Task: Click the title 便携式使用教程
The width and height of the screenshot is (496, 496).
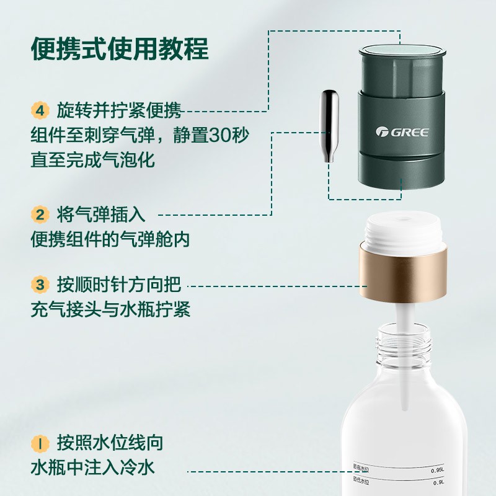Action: click(120, 48)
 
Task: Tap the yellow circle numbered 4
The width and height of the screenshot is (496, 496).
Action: click(40, 111)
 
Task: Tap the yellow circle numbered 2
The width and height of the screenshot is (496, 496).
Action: click(40, 215)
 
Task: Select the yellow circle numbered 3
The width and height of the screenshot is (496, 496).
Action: click(40, 285)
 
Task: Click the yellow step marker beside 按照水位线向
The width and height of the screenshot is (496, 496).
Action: click(40, 443)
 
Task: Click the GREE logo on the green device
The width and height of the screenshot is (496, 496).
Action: click(401, 131)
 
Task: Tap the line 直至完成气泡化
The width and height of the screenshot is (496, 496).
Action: click(93, 159)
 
